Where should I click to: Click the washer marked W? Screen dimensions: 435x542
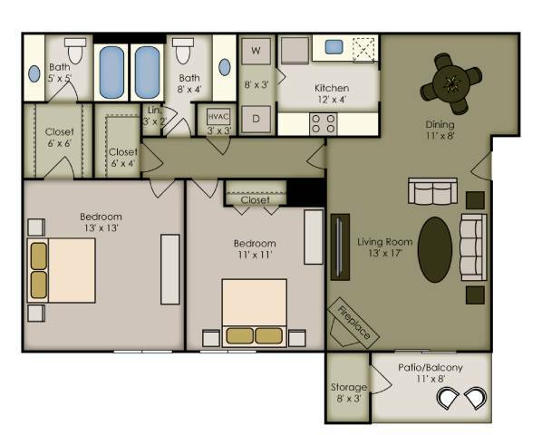pyautogui.click(x=256, y=50)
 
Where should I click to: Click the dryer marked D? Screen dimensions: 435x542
pyautogui.click(x=256, y=118)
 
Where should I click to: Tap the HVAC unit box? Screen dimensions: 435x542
pyautogui.click(x=218, y=117)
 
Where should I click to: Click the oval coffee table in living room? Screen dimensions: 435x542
pyautogui.click(x=436, y=249)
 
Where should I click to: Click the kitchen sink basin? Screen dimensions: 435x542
pyautogui.click(x=333, y=46)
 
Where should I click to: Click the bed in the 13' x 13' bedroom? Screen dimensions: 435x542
pyautogui.click(x=63, y=269)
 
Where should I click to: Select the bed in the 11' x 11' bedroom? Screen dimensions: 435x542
pyautogui.click(x=255, y=311)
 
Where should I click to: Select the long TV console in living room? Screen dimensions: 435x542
pyautogui.click(x=340, y=246)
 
